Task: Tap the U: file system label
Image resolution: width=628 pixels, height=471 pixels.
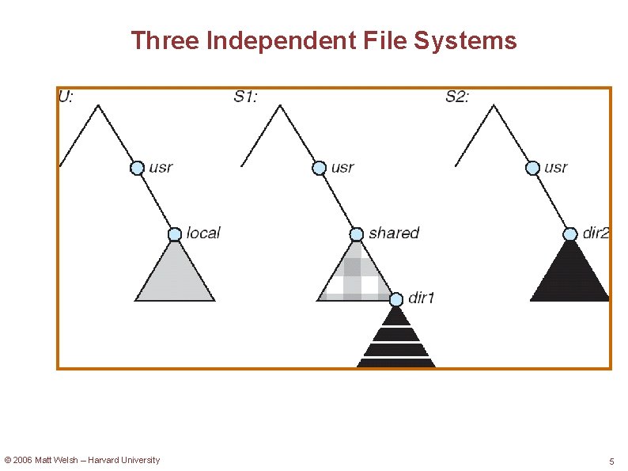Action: point(67,97)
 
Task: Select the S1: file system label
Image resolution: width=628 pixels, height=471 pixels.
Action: point(246,97)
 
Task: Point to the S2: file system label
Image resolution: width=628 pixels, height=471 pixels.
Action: point(457,97)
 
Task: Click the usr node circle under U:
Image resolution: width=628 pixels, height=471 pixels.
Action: point(137,168)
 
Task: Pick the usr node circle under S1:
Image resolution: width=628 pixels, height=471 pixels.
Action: point(319,168)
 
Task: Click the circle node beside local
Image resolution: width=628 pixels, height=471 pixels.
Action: point(175,234)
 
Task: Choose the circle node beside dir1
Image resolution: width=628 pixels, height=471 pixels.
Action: point(396,299)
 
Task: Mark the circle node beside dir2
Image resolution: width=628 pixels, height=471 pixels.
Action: point(570,234)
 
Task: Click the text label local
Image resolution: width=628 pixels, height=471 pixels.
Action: point(203,233)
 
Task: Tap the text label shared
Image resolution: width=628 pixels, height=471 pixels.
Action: point(394,233)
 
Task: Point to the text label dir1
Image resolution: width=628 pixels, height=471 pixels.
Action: point(422,298)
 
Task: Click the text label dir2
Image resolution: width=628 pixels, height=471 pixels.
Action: point(596,233)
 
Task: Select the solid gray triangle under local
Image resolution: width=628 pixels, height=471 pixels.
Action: point(175,277)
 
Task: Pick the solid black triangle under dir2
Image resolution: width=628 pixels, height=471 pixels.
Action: point(570,277)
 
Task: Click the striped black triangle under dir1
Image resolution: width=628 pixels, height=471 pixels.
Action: point(396,340)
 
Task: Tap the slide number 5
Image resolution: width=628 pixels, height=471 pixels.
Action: point(611,461)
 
